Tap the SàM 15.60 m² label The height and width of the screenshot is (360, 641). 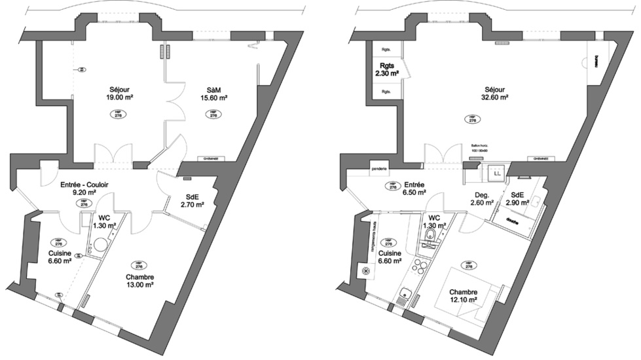213,94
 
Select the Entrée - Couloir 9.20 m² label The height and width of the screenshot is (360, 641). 83,189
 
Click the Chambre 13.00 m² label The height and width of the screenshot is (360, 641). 140,281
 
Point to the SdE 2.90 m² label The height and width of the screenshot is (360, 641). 517,199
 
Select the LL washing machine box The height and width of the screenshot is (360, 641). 497,173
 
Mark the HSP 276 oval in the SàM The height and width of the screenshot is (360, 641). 213,113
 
